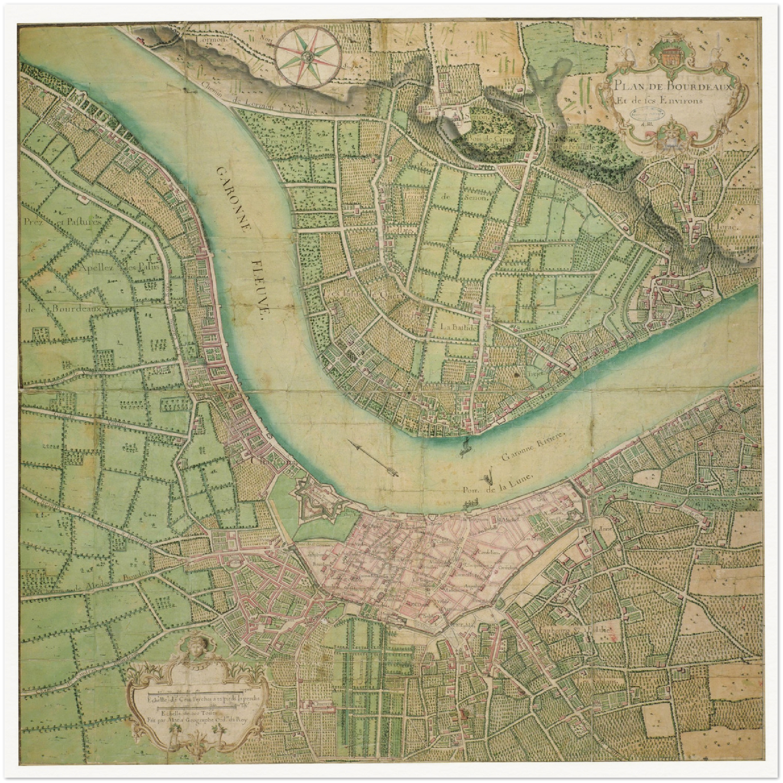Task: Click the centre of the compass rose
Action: pyautogui.click(x=307, y=55)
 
